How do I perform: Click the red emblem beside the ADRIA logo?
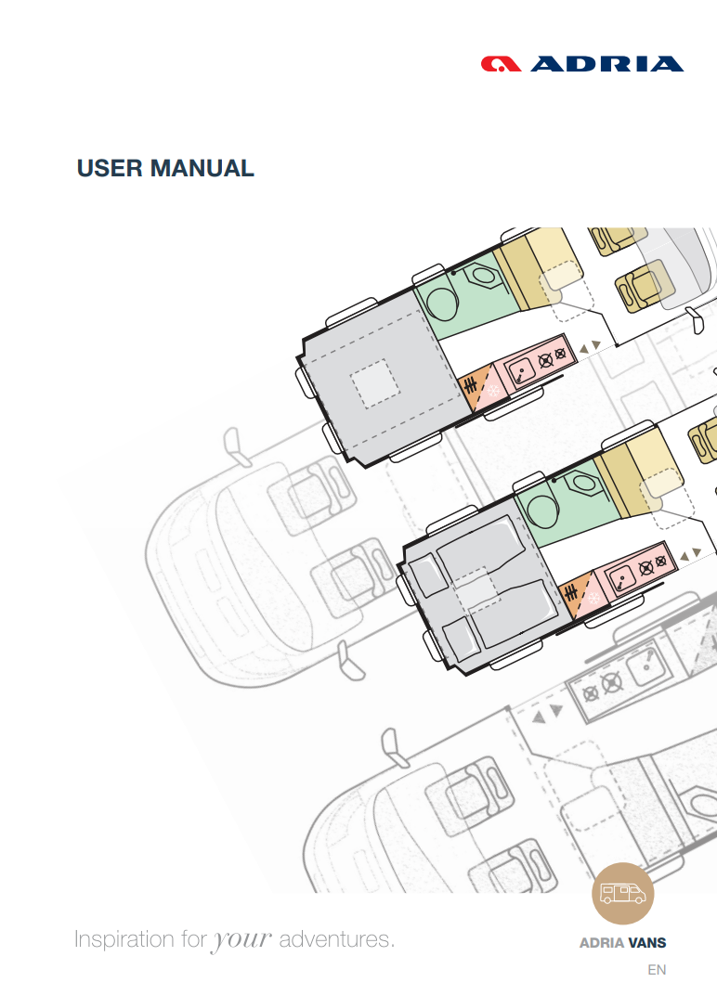[502, 64]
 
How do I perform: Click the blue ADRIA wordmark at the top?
[607, 64]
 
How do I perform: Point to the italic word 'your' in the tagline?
[242, 939]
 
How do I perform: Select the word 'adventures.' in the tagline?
[337, 939]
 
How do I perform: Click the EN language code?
[658, 971]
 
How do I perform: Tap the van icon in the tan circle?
[623, 894]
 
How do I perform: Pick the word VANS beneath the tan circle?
[647, 943]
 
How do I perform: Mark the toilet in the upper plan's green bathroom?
[480, 276]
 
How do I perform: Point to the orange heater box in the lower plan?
[569, 593]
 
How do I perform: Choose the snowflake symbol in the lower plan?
[593, 599]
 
